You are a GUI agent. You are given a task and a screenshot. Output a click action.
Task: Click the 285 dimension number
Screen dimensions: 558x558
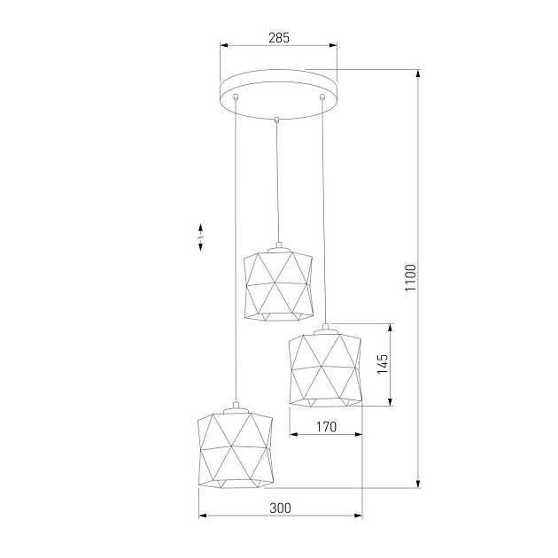click(278, 38)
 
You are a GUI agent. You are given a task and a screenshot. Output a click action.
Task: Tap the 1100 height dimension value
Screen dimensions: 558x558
click(409, 278)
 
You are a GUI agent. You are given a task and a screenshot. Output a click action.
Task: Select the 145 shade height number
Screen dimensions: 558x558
click(383, 365)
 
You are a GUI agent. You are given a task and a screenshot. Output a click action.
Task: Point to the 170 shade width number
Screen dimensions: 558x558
click(326, 427)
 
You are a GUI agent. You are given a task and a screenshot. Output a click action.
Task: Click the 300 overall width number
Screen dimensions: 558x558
click(280, 508)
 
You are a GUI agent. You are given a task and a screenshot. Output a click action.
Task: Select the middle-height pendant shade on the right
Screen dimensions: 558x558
click(325, 368)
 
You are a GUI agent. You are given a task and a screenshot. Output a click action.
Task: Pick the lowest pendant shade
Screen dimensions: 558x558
click(234, 448)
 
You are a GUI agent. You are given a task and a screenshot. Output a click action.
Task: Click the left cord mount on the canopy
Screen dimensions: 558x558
click(236, 96)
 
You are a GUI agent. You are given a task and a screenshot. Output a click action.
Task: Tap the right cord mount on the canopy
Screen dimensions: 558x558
click(322, 96)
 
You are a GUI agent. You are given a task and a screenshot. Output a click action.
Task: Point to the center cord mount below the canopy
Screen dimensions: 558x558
click(277, 119)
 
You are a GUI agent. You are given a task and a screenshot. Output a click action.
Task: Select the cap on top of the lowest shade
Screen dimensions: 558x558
click(234, 409)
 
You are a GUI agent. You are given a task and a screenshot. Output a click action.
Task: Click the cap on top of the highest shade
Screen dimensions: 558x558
click(277, 246)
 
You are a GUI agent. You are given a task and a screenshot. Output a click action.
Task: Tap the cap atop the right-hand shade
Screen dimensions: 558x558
click(325, 327)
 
